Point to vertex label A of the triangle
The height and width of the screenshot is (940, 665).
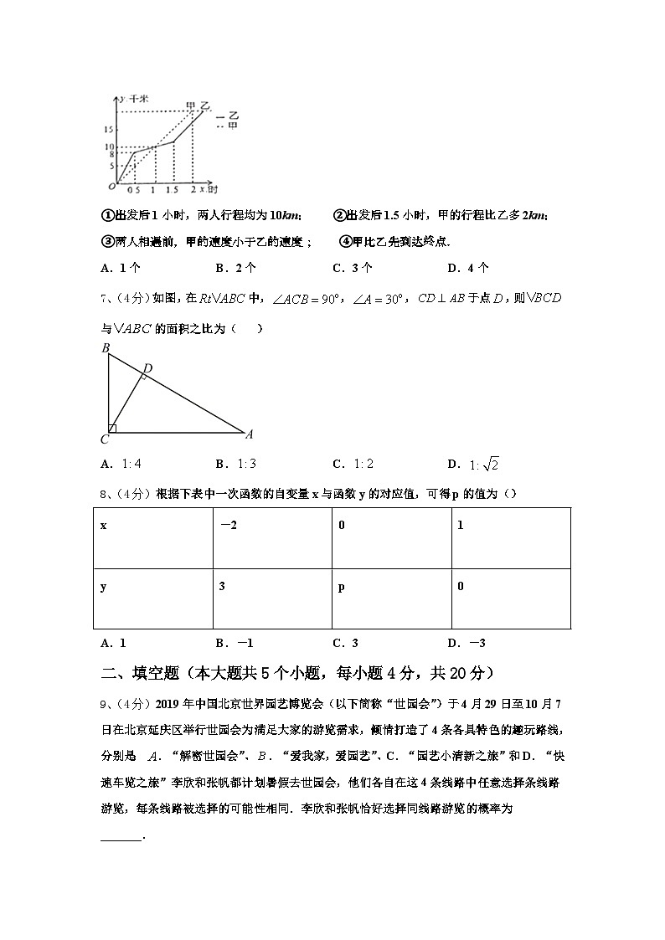tap(249, 434)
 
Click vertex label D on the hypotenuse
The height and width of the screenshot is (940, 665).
tap(147, 368)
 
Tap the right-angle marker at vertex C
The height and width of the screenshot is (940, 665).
tap(112, 429)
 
